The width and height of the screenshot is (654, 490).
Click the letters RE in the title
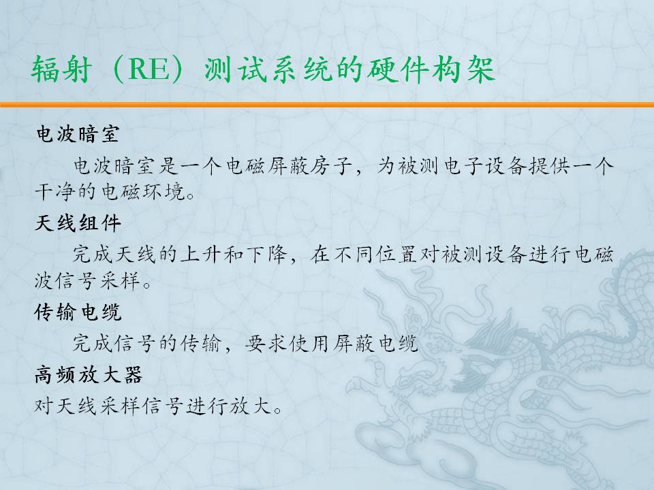coord(148,69)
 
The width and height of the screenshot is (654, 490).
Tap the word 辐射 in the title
coord(61,69)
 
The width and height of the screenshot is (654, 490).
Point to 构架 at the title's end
coord(464,69)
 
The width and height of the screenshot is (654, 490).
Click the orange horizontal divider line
coord(327,105)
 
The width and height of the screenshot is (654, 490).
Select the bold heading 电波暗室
coord(78,134)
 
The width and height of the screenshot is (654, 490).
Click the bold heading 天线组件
coord(78,223)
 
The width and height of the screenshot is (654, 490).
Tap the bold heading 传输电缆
coord(78,312)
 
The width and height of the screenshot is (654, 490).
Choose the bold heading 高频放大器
coord(89,374)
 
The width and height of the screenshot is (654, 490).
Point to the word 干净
coord(55,192)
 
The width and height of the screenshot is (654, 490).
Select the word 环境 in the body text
coord(164,192)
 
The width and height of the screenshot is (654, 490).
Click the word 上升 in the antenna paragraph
coord(200,254)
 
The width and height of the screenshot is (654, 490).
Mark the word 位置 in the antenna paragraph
coord(396,254)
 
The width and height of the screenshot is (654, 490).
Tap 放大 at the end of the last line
coord(251,405)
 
